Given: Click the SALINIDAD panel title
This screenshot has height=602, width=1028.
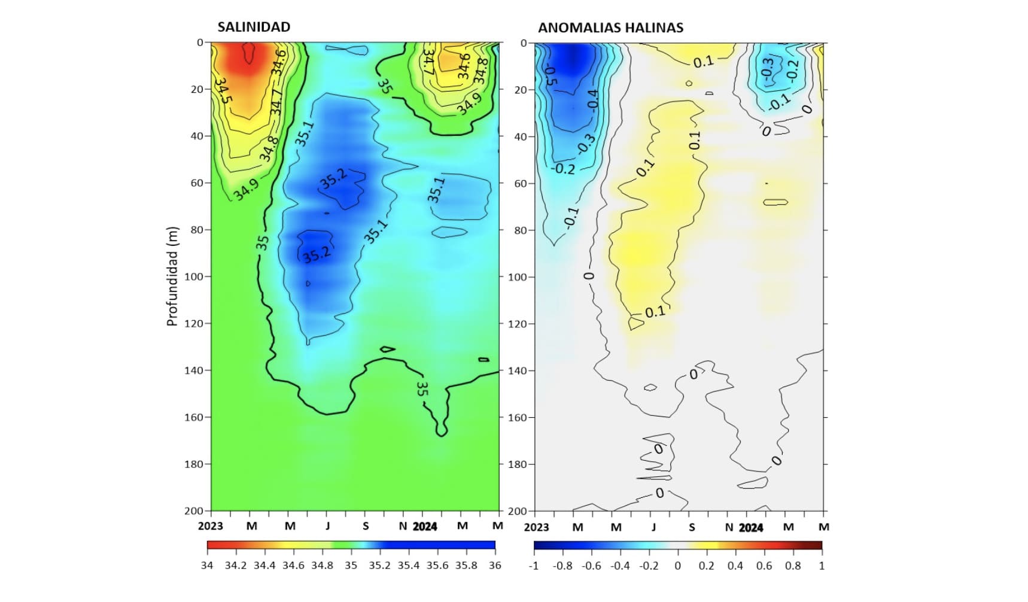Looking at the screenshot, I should tap(254, 27).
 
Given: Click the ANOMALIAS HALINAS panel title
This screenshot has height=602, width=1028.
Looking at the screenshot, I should tap(610, 28).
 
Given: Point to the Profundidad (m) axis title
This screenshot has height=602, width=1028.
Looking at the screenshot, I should tap(172, 276).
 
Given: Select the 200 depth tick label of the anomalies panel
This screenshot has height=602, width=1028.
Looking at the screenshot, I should tap(518, 511).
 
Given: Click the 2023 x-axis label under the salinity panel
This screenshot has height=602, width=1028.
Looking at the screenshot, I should tap(210, 526).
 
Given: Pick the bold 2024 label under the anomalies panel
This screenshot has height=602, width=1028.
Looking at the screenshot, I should tap(751, 527).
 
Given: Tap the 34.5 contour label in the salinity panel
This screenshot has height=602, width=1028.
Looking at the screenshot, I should tap(223, 90).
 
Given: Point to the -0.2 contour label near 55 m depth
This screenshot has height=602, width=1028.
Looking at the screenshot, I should tap(564, 169).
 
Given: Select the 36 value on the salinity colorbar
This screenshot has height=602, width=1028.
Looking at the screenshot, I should tap(495, 565).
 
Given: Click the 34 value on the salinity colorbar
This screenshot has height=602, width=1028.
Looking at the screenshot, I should tap(207, 565).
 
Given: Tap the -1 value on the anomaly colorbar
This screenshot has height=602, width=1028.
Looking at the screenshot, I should tap(534, 565).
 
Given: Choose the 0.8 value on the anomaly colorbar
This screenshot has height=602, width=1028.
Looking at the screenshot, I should tap(793, 565).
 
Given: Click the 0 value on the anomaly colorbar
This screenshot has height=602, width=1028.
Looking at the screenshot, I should tap(677, 565).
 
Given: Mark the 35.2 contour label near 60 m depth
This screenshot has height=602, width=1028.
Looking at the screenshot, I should tap(333, 178).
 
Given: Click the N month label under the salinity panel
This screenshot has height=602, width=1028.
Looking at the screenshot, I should tap(403, 526).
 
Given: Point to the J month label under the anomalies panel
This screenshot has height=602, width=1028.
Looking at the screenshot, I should tap(653, 527).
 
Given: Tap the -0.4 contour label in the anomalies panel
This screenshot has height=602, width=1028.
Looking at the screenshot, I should tap(592, 99).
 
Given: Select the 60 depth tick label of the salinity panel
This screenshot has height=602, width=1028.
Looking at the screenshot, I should tap(197, 183).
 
